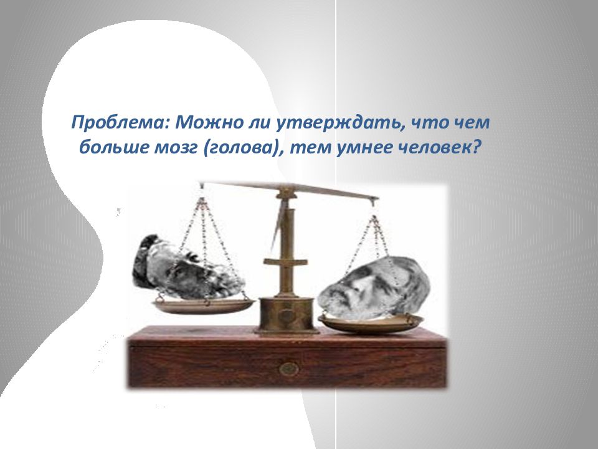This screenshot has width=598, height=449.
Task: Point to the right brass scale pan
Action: coord(371,323)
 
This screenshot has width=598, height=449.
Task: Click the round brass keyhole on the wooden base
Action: coord(288,369)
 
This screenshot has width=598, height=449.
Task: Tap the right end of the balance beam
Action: coord(377,198)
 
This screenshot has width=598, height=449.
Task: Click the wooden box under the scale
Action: coord(287,357)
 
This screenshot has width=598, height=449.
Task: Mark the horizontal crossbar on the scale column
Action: coord(285,262)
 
